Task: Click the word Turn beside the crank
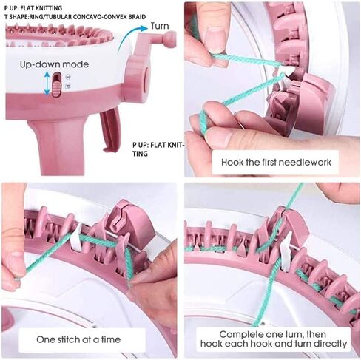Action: click(x=160, y=26)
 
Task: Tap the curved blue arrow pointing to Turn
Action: click(x=128, y=35)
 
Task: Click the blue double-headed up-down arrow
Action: click(x=47, y=83)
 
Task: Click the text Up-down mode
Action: click(x=54, y=64)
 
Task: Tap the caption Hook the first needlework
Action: click(x=276, y=162)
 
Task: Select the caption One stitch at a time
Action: click(x=78, y=339)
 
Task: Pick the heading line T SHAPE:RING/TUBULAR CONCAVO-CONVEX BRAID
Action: click(x=75, y=17)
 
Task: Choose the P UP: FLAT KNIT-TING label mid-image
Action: click(x=158, y=149)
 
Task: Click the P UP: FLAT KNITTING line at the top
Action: click(x=33, y=8)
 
